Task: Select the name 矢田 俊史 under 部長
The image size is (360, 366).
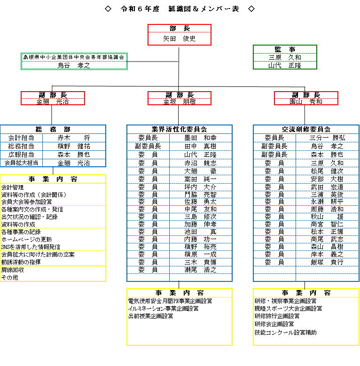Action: [180, 39]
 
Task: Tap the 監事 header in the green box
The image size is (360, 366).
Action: [285, 49]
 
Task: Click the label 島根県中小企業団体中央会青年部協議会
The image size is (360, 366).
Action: [74, 57]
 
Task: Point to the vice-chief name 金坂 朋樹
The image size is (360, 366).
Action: [180, 101]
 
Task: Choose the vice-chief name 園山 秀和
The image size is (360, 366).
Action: [306, 101]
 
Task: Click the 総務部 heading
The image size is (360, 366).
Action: [53, 129]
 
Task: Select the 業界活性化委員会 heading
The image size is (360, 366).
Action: [180, 129]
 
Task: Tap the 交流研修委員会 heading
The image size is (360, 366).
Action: [306, 129]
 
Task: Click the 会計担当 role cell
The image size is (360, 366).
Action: [21, 138]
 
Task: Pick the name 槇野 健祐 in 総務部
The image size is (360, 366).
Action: [74, 146]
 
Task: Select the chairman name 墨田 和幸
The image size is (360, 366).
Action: [200, 138]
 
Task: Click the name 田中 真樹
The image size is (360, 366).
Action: [200, 146]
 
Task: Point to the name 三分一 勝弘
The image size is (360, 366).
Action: [327, 138]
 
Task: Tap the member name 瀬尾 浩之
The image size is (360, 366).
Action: [200, 270]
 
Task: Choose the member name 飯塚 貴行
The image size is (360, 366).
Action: [327, 262]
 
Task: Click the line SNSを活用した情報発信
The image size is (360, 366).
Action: [31, 247]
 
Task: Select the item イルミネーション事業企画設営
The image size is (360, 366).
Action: [163, 309]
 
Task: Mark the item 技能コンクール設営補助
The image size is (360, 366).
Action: [285, 332]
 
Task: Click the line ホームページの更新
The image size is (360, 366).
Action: [26, 240]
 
